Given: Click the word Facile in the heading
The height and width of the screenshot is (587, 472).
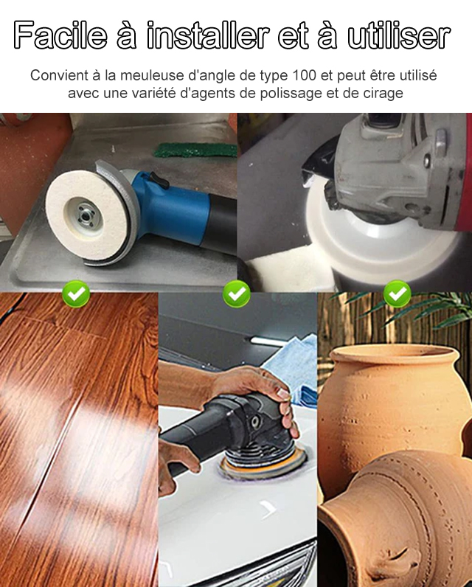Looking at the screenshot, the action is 60,35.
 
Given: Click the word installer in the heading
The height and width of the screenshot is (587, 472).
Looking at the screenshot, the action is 208,35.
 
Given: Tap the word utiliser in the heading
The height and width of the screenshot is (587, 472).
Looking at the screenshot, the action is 399,35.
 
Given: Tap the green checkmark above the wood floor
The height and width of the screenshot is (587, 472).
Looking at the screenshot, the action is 76,294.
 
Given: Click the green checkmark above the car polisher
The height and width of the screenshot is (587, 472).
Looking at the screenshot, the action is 237,294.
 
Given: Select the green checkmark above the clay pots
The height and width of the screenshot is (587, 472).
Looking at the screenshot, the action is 397,294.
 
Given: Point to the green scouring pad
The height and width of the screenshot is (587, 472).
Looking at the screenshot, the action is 195,150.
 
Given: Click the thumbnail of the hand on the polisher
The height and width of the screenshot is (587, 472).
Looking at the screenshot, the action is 283,394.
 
